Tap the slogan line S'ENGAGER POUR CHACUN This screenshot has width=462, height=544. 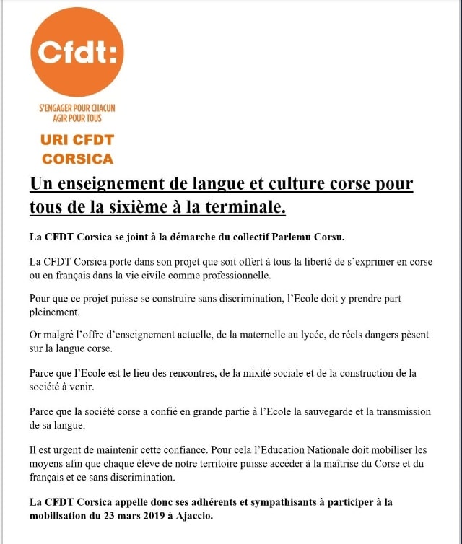(77, 108)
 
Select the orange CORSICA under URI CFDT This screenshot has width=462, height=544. (78, 158)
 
